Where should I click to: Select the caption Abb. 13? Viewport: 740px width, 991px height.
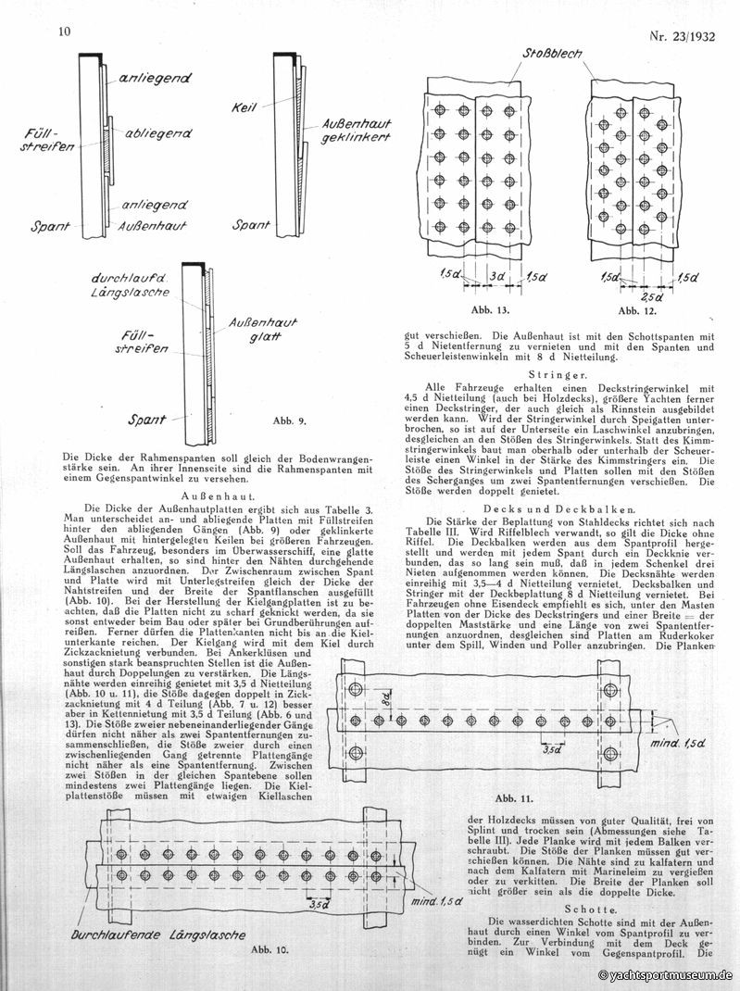point(485,310)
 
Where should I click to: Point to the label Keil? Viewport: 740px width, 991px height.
point(242,108)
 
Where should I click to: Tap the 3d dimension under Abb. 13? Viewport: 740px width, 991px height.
point(497,276)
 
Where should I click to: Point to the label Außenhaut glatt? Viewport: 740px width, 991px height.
point(265,329)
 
